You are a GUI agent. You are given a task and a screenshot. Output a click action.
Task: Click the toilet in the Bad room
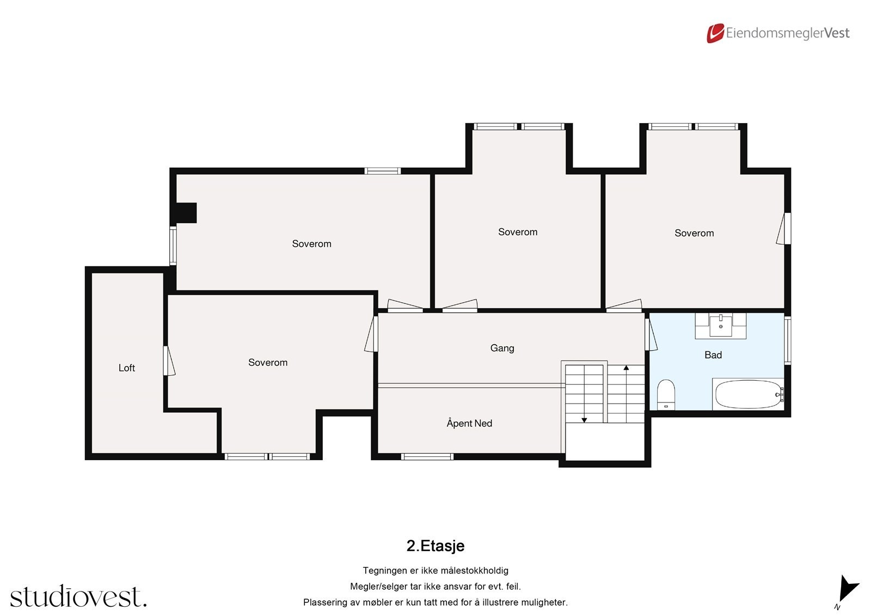coord(666,394)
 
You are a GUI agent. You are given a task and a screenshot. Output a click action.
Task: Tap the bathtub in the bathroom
coord(747,394)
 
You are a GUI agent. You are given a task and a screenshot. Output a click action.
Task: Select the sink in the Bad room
coord(721,325)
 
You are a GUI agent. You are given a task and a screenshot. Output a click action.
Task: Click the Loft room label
coord(127,368)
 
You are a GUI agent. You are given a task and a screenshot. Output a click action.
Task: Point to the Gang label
coord(502,348)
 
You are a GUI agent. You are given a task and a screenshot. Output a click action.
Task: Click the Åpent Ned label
coord(469,423)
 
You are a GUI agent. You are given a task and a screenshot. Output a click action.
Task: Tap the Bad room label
coord(713,355)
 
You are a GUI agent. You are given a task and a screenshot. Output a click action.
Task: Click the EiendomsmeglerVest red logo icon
coord(715,33)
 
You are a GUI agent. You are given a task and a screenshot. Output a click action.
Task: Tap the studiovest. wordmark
coord(78,597)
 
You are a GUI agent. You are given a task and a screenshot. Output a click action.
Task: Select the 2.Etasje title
coord(436,546)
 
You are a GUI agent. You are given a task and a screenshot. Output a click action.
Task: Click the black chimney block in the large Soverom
coord(184,213)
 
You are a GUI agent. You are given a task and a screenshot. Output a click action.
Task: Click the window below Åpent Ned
coord(427,456)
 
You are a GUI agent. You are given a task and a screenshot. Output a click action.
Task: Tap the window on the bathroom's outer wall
coord(787,340)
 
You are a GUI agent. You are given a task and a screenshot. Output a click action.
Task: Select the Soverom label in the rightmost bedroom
coord(694,233)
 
